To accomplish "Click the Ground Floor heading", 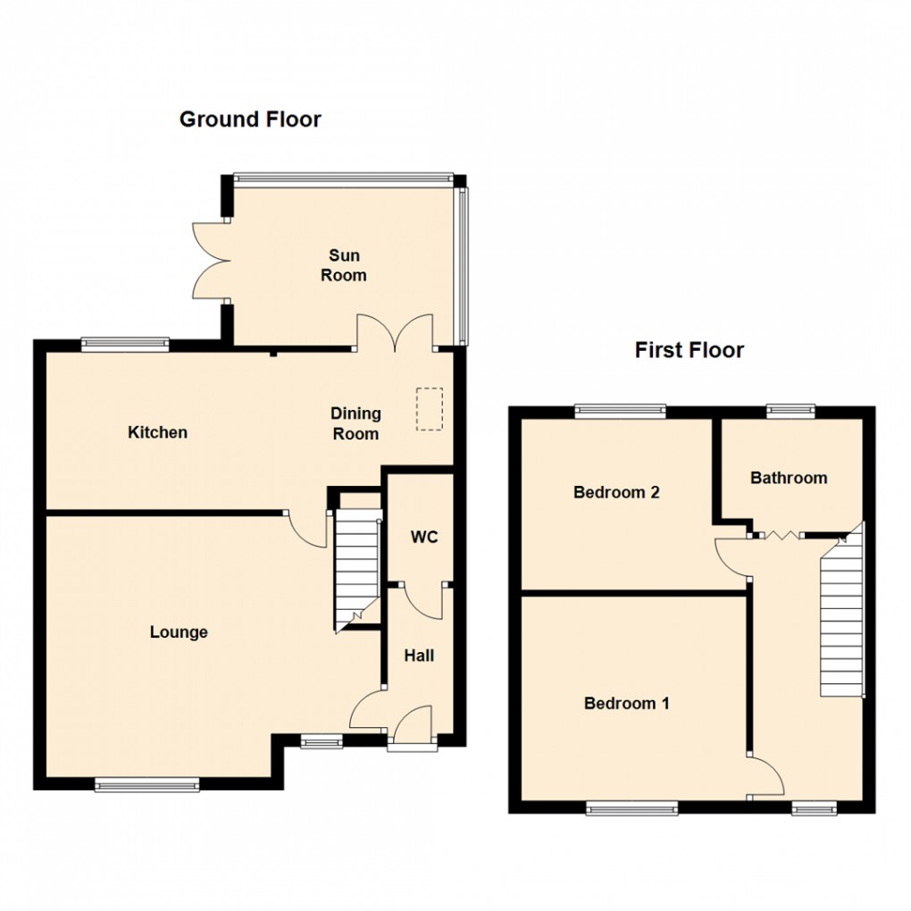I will coord(250,119).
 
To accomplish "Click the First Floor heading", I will coord(689,349).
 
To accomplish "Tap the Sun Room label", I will coord(344,266).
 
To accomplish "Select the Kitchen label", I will coord(158,432).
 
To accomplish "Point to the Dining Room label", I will coord(355,423).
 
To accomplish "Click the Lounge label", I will coord(179,632).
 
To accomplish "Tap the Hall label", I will coord(419,656).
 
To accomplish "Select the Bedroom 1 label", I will coord(626,704).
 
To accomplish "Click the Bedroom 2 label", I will coord(616,492).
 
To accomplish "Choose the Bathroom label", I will coord(789,478).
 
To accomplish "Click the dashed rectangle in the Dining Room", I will coord(429,409).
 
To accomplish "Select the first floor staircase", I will coord(841,616).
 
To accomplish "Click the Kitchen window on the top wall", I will coord(125,340).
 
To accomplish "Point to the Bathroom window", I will coord(791,410).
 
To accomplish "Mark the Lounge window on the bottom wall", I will coord(147,784).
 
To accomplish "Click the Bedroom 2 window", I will coord(621,410).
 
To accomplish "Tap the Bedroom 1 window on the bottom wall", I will coord(632,807).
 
